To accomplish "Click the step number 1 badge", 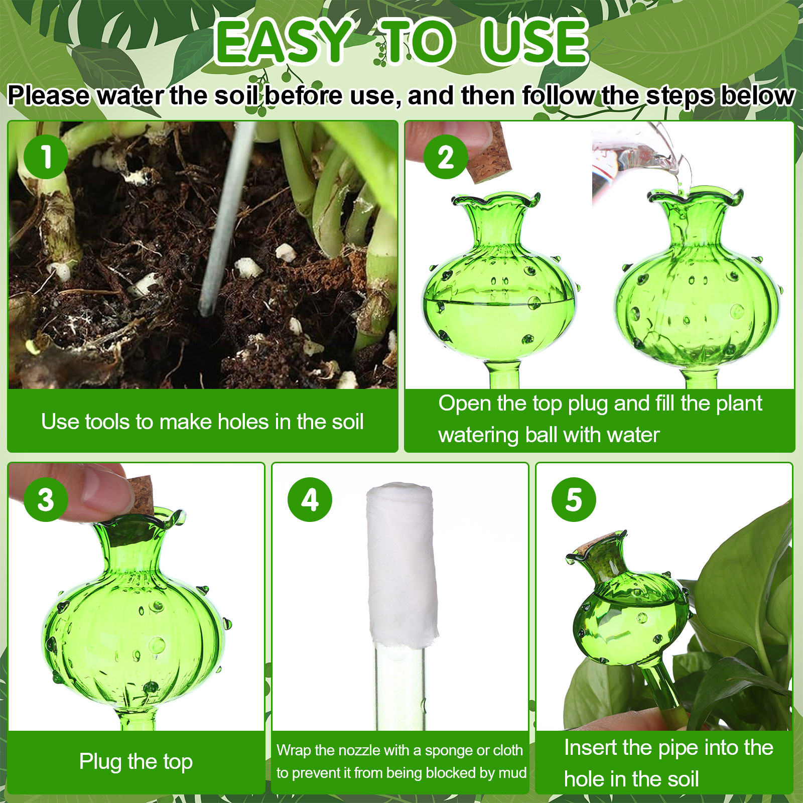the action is tap(46, 156).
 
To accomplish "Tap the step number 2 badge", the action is tap(446, 157).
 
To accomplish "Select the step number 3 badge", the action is tap(46, 499).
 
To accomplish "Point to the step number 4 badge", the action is tap(310, 499).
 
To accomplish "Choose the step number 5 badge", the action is tap(574, 499).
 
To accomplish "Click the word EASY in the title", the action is tap(283, 42).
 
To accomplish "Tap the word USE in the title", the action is tap(534, 42).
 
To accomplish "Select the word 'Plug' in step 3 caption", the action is tap(100, 762).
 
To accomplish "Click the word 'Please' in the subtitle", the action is tap(49, 95).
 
